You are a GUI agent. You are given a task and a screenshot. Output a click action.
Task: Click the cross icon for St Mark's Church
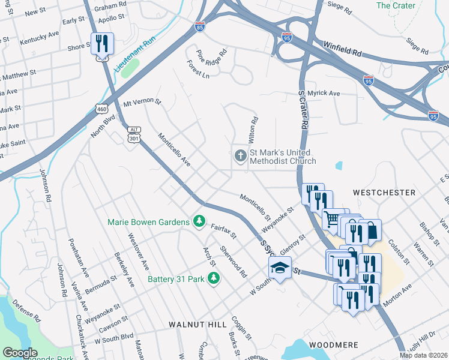pos(240,156)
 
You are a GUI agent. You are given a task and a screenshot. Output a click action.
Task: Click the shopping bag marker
pos(371,230)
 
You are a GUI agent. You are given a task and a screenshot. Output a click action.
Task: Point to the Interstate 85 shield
pos(200,26)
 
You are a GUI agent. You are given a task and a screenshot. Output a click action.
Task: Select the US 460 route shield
pos(101,107)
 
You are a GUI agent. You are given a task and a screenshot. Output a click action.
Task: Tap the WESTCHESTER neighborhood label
pos(384,193)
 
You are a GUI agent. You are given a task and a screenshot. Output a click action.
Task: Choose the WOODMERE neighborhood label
pos(334,345)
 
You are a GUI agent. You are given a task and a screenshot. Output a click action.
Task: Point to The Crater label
pos(396,5)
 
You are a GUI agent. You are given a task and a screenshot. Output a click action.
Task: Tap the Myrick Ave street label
pos(324,94)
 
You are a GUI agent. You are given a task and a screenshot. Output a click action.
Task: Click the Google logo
pos(20,353)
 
